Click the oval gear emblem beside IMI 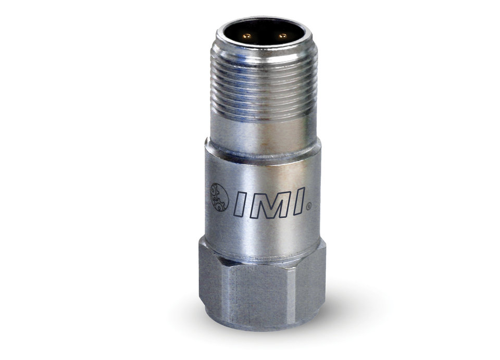[219, 197]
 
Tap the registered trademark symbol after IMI [308, 207]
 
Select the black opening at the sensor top [264, 34]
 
